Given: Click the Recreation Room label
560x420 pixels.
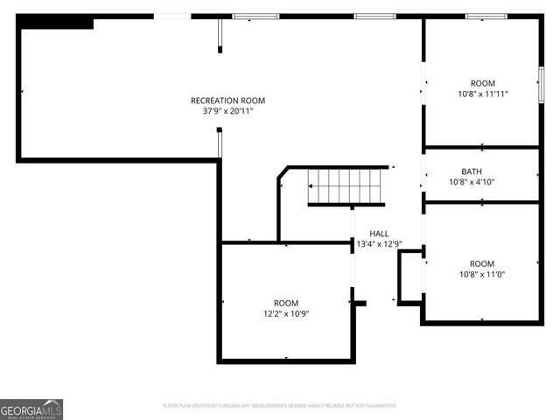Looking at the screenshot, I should coord(227,101).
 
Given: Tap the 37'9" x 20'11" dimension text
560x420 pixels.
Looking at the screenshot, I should coord(227,111).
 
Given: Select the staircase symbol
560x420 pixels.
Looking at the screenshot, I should coord(346,185).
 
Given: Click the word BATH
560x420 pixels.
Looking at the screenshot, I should coord(472,171).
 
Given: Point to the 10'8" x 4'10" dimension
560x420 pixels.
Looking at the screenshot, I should coord(472,182).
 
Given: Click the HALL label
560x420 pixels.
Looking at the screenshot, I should coord(379,234).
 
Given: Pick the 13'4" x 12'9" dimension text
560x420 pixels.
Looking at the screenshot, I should coord(379,244).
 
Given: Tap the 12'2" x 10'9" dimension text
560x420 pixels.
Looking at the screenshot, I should coord(285,313).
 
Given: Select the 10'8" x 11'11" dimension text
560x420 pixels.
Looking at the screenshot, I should coord(482,94).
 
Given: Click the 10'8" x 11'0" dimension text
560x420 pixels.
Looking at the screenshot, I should coord(481,274).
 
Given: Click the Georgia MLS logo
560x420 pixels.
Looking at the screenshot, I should coord(31,409).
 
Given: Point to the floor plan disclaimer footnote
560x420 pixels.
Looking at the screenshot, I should coord(280,406).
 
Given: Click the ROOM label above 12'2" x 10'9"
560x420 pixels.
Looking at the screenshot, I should coord(285,303).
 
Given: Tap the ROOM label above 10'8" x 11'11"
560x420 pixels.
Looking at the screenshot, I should coord(482,83).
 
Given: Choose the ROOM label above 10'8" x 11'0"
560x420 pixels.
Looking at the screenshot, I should coord(481,263).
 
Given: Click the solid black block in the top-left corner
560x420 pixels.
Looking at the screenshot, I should coord(57,23).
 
